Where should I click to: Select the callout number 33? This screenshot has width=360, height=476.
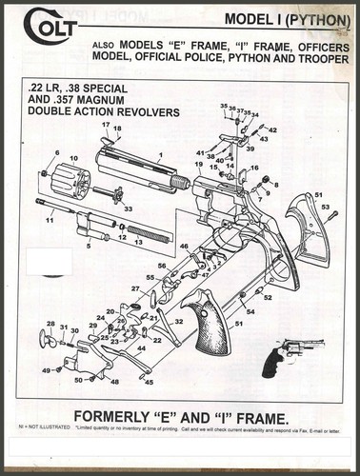[128, 208]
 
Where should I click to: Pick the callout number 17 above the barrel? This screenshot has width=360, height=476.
[106, 126]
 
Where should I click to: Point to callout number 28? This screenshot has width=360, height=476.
[50, 324]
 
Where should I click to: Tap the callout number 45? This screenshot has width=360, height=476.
[149, 382]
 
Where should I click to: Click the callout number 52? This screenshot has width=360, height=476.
[268, 298]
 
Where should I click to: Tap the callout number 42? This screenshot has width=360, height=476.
[272, 129]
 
